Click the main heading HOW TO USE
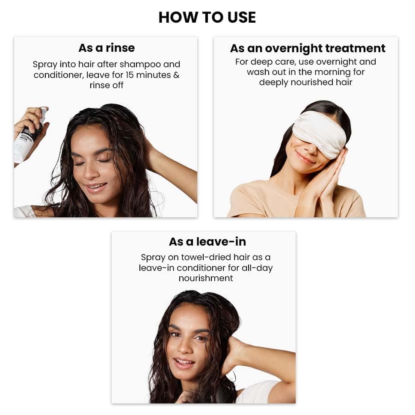pos(207,17)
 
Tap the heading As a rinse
pos(106,47)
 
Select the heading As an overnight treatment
pos(308,48)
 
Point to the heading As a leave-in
pos(207,242)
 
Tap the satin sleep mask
pos(320,132)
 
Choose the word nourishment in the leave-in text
pos(206,278)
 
